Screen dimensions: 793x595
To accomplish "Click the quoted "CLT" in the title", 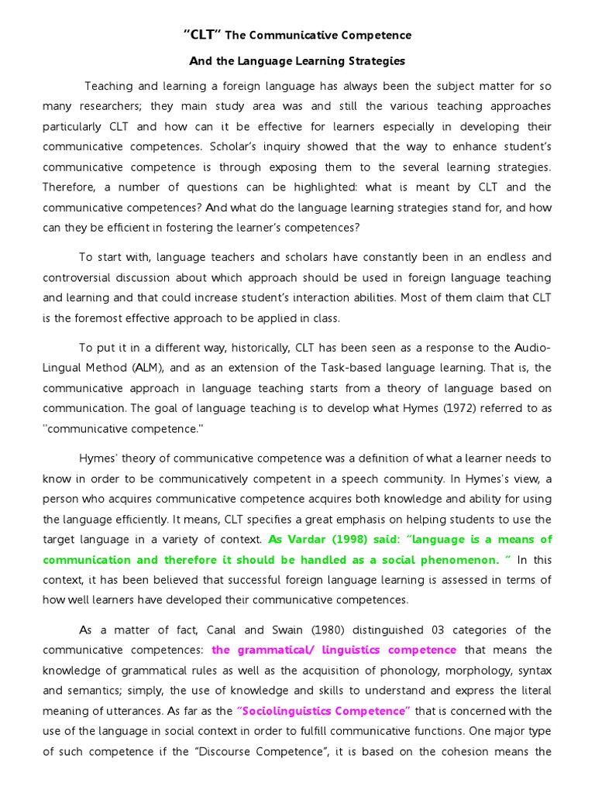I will [x=202, y=35].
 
